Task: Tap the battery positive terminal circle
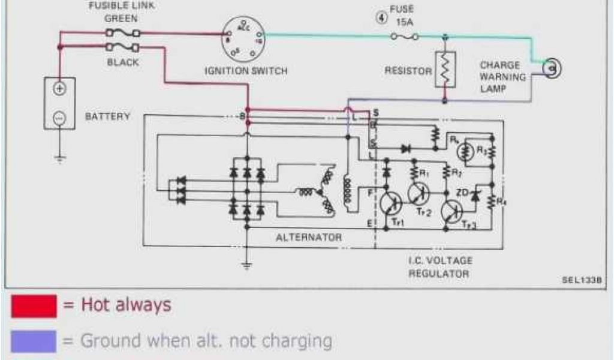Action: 59,88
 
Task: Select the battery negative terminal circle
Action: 59,118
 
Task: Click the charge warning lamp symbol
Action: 552,69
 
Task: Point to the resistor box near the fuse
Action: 444,70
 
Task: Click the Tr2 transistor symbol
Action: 420,193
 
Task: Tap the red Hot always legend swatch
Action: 34,306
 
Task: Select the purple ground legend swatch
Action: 34,341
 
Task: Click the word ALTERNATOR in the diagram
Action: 309,238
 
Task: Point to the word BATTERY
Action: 107,116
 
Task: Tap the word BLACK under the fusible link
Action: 123,62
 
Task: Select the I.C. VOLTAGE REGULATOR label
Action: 441,267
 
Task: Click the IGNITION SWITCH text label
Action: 246,71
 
